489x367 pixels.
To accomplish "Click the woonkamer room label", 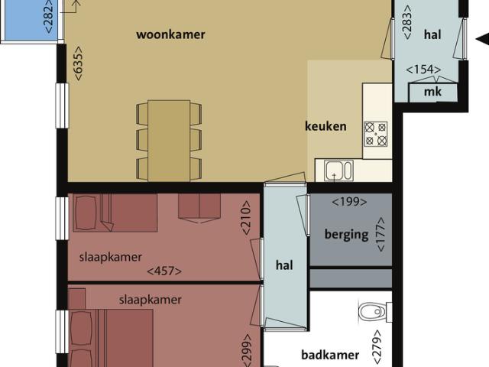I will [170, 34].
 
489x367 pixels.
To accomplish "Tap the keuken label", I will [325, 126].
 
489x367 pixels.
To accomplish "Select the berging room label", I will [346, 234].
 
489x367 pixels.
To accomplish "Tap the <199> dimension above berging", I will [349, 203].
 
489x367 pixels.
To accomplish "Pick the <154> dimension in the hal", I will [424, 70].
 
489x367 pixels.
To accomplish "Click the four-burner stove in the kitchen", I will [375, 134].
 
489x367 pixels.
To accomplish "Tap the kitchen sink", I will [338, 170].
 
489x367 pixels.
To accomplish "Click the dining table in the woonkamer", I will [169, 140].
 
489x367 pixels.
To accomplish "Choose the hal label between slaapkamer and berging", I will [284, 265].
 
